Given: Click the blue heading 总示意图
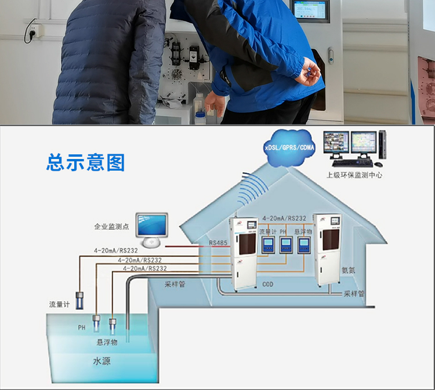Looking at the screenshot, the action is (86, 162).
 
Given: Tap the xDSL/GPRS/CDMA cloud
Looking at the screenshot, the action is (289, 147).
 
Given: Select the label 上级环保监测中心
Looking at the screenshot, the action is (354, 175).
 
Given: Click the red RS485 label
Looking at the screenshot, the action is (218, 243).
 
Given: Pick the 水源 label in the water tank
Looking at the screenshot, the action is (101, 361).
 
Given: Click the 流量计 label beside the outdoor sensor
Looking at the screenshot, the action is (59, 305).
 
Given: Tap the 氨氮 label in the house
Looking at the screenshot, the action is (348, 270).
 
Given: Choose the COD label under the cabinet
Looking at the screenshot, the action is (268, 284).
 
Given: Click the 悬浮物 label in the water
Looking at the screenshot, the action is (107, 342).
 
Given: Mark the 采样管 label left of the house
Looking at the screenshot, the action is (175, 284).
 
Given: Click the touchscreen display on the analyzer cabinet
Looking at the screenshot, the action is (310, 10).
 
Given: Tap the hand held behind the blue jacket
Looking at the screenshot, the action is (308, 72).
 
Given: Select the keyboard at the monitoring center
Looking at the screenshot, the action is (352, 163).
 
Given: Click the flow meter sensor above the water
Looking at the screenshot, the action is (79, 301).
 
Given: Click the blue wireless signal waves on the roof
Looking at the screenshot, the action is (253, 189).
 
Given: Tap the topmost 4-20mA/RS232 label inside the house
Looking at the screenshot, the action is (284, 218).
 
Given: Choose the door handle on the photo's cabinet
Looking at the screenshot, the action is (331, 56).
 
